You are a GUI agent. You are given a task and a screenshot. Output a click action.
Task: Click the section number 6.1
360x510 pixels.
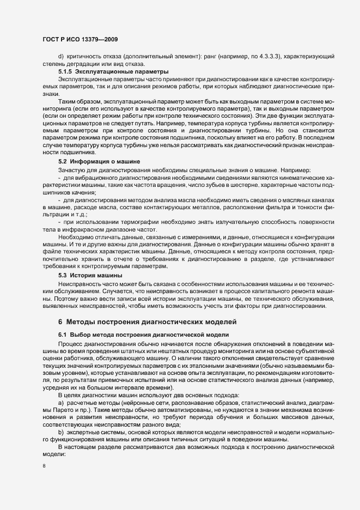tap(62, 333)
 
